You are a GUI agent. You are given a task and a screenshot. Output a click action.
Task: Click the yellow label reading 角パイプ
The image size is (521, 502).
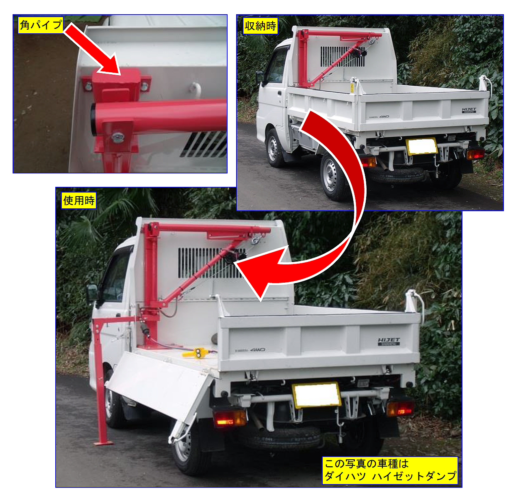tap(41, 25)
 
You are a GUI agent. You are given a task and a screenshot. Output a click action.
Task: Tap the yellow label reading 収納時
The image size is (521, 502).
tap(260, 26)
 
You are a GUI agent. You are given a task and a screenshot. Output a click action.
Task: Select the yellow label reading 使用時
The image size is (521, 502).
tap(79, 200)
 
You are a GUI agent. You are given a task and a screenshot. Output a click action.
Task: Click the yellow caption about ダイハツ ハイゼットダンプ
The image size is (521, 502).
tap(390, 470)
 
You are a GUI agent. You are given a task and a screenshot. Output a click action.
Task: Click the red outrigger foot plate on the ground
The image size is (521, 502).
tap(104, 443)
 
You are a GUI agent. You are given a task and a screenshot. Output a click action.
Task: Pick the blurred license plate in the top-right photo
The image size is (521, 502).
tap(422, 146)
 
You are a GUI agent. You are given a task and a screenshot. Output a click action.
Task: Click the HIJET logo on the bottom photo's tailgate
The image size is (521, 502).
tap(389, 341)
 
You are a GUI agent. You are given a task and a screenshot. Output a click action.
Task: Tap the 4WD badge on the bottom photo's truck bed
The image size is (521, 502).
tap(258, 349)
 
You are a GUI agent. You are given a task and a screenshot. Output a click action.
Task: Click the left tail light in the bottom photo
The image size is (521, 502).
tap(229, 418)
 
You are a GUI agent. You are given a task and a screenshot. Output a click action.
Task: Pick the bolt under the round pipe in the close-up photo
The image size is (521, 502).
tap(118, 137)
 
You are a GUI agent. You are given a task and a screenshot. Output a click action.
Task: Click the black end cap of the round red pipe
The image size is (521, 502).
tap(93, 119)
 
